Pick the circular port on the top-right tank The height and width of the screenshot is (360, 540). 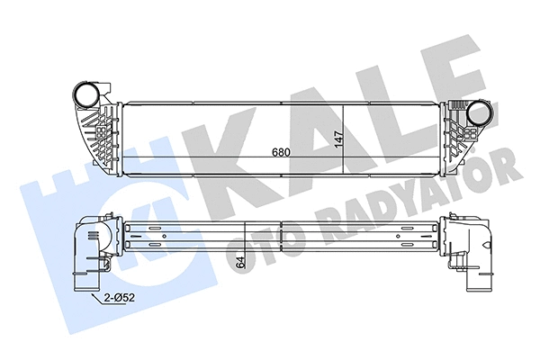click(x=477, y=115)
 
